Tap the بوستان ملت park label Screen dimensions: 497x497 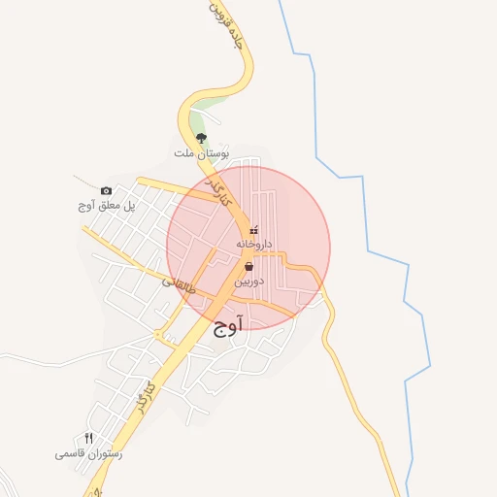point(201,153)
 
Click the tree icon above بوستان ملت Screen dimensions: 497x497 point(201,138)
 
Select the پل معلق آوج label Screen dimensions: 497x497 point(106,206)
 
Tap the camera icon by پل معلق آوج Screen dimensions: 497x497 point(106,191)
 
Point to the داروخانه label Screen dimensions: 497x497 point(254,244)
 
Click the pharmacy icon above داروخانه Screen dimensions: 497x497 point(254,230)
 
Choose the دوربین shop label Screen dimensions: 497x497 point(248,281)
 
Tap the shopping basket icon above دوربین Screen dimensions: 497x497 point(249,266)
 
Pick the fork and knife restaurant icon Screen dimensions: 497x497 point(88,439)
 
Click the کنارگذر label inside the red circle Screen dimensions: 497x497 point(224,191)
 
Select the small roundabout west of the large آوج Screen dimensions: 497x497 point(158,335)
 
